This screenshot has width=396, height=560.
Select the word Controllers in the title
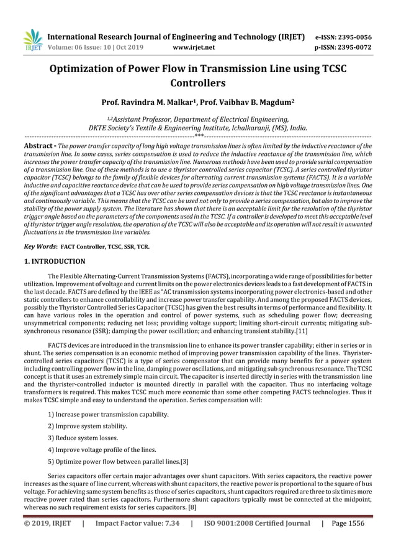tap(197, 83)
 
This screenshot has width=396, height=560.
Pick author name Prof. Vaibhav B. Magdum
tap(251, 101)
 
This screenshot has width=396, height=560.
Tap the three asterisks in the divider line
tap(198, 135)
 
